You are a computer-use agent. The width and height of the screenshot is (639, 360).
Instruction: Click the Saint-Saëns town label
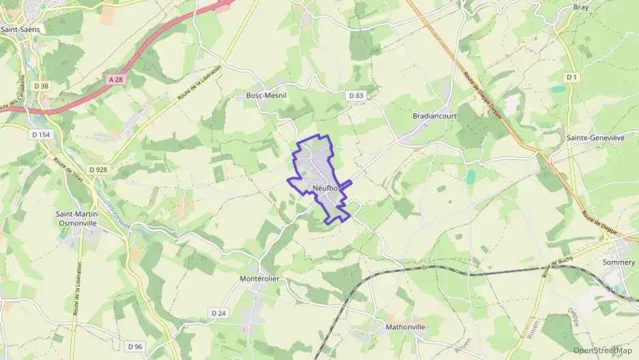click(20, 29)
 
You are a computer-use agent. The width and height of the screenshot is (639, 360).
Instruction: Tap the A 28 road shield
click(116, 79)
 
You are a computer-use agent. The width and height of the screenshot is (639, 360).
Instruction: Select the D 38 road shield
click(41, 86)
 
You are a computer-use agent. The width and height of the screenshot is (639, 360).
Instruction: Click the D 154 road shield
click(41, 135)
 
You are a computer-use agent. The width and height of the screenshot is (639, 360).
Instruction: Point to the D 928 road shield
click(98, 169)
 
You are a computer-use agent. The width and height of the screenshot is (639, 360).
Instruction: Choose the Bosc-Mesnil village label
click(267, 96)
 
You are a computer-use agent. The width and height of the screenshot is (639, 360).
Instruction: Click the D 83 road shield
click(356, 96)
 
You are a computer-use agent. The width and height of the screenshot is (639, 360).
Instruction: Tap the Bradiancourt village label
click(434, 116)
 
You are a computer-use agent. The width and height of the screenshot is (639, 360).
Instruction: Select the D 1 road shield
click(571, 78)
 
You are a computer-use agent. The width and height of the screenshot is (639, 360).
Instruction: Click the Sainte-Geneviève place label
click(596, 137)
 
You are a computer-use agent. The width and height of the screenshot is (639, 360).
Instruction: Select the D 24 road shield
click(218, 313)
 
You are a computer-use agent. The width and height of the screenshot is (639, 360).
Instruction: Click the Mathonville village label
click(406, 327)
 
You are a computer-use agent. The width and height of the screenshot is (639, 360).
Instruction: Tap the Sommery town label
click(619, 262)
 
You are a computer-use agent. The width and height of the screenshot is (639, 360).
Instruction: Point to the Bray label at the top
click(580, 6)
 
